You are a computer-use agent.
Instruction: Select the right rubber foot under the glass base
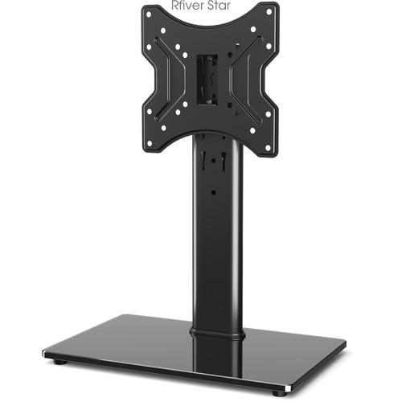pyautogui.click(x=277, y=392)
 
